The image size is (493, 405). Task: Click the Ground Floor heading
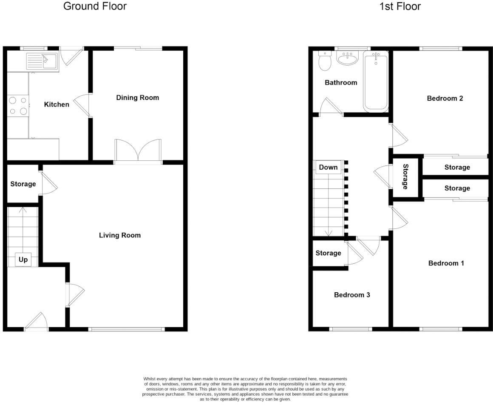(x=95, y=6)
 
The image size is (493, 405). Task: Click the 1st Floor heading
(x=400, y=6)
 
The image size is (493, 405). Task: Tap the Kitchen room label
(x=57, y=104)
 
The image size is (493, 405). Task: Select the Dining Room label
(x=137, y=97)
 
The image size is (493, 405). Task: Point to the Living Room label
(x=119, y=235)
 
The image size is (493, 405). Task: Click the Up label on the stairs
(x=23, y=260)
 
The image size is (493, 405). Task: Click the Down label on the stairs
(x=328, y=167)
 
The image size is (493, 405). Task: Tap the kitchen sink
(x=42, y=61)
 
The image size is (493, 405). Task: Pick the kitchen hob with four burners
(x=18, y=106)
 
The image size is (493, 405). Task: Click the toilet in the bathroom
(x=325, y=61)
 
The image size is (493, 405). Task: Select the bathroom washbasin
(x=348, y=58)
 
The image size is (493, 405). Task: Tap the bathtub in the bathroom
(x=376, y=81)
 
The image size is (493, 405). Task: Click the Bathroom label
(x=341, y=83)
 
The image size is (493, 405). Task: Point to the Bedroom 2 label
(x=445, y=98)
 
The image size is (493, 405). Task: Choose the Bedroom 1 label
(x=446, y=263)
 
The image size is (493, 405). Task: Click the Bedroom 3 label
(x=351, y=295)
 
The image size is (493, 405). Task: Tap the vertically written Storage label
(x=405, y=177)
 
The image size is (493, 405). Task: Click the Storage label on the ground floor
(x=23, y=184)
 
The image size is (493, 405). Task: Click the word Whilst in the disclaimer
(x=151, y=379)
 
